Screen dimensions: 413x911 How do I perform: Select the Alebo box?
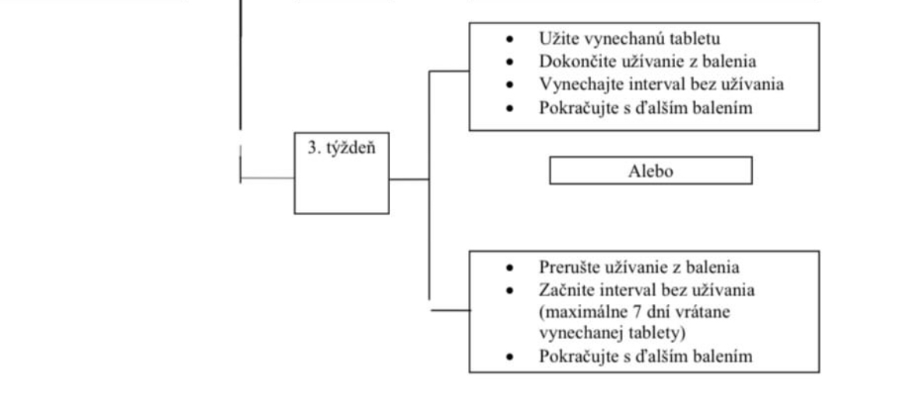(x=650, y=171)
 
